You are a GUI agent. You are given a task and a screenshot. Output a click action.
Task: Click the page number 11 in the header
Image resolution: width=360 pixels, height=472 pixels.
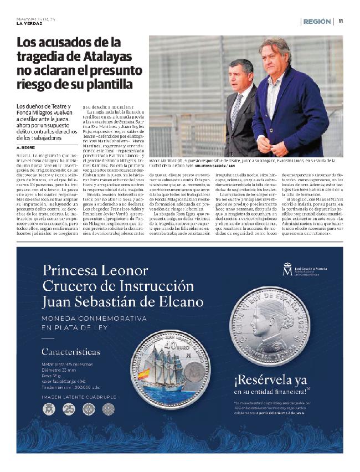point(341,21)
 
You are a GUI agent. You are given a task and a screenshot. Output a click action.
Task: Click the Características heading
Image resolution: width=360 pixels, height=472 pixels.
point(71,352)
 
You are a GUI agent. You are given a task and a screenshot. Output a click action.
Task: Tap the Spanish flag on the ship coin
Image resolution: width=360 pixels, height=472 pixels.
point(144,374)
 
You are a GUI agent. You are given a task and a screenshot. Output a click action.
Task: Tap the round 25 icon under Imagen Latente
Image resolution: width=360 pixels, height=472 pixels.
point(69,409)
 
